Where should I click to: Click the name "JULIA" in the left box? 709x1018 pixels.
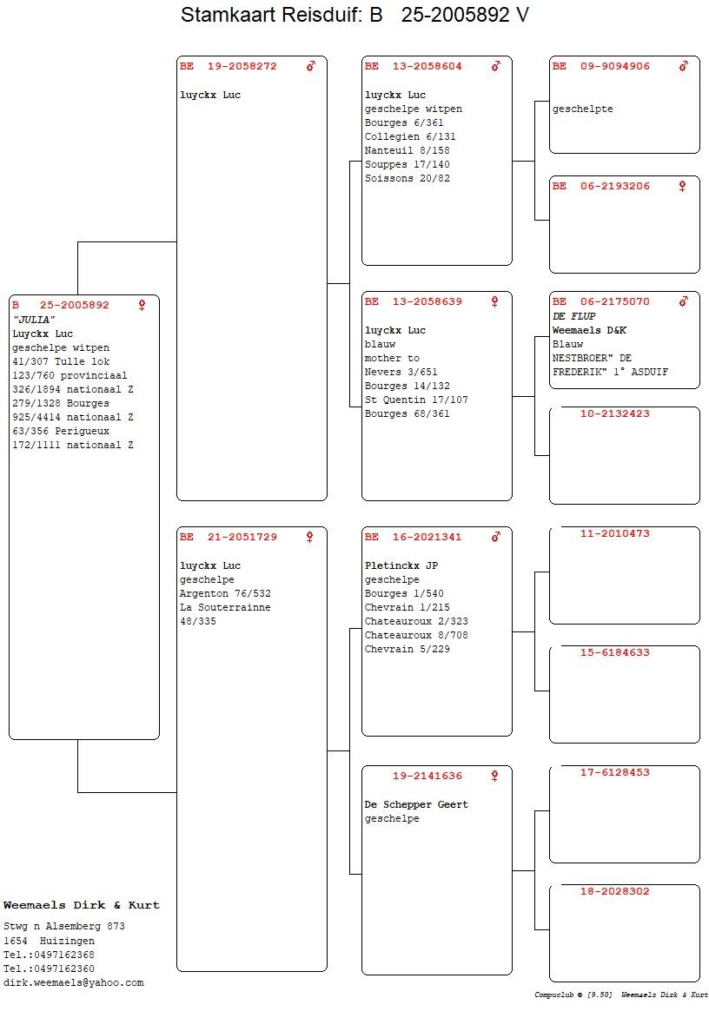(x=34, y=320)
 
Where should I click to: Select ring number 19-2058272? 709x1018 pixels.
(x=242, y=66)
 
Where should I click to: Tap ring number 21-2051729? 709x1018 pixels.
(x=242, y=537)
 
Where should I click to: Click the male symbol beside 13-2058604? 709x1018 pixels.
(x=496, y=65)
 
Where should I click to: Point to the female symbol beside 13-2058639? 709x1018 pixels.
(x=494, y=301)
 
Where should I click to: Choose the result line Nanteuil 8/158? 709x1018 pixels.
(x=408, y=150)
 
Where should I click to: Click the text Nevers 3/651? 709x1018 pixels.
(x=401, y=372)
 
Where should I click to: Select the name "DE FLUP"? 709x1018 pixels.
(x=574, y=316)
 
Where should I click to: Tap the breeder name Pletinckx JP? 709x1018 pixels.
(x=401, y=565)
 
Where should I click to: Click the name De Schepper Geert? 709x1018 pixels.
(x=416, y=804)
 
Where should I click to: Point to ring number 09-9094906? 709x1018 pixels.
(x=615, y=66)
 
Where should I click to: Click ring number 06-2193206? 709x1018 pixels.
(x=615, y=187)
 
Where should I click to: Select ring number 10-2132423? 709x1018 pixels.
(x=615, y=413)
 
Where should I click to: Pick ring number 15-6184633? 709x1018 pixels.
(x=615, y=652)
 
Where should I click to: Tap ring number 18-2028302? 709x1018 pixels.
(x=615, y=891)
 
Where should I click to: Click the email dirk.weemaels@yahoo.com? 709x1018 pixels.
(x=73, y=983)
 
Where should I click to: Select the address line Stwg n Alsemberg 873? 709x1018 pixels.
(x=64, y=927)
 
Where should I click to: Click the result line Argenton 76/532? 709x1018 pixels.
(x=225, y=593)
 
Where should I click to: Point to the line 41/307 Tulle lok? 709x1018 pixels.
(x=61, y=361)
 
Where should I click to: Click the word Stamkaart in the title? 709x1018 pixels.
(x=222, y=14)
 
